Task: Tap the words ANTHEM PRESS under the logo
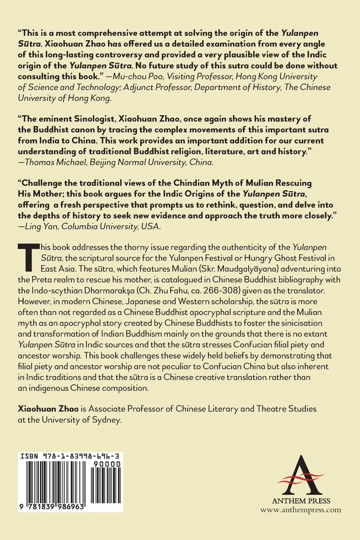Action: (x=301, y=501)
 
